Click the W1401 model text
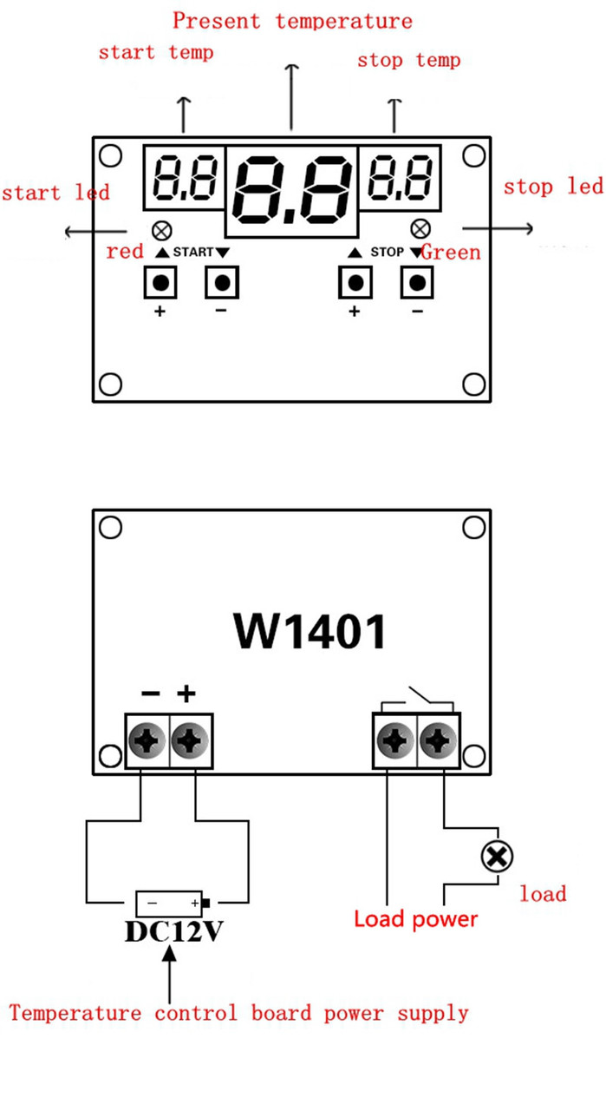pos(310,631)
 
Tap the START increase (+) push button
pos(160,282)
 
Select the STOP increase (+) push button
pos(354,282)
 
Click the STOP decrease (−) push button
pos(418,282)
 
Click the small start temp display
pos(184,177)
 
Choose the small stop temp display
pos(400,175)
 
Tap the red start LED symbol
pos(160,231)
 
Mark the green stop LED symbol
pos(420,228)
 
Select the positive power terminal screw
pos(190,741)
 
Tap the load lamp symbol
pos(497,858)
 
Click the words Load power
pos(415,918)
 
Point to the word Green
pos(451,253)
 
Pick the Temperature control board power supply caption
pos(238,1012)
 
